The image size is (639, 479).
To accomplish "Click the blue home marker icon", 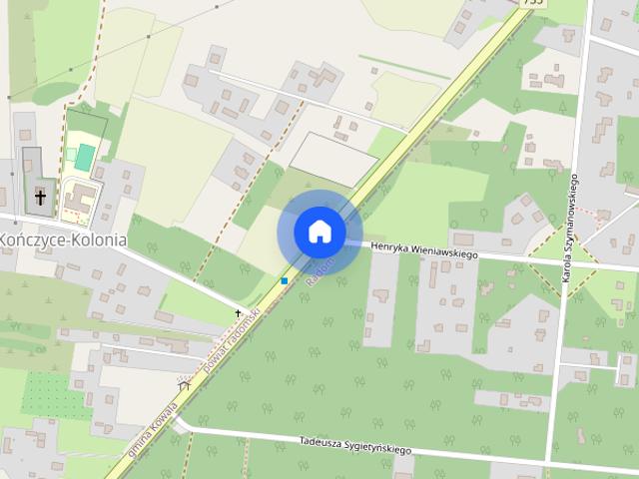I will [x=319, y=231].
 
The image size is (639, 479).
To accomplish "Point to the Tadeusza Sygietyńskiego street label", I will [x=355, y=446].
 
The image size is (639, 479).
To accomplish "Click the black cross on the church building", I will [x=41, y=197].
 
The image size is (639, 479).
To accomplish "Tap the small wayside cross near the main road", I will [x=238, y=313].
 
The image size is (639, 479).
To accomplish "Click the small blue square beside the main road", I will [x=285, y=281].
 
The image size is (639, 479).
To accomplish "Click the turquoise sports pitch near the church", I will [x=85, y=157].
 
